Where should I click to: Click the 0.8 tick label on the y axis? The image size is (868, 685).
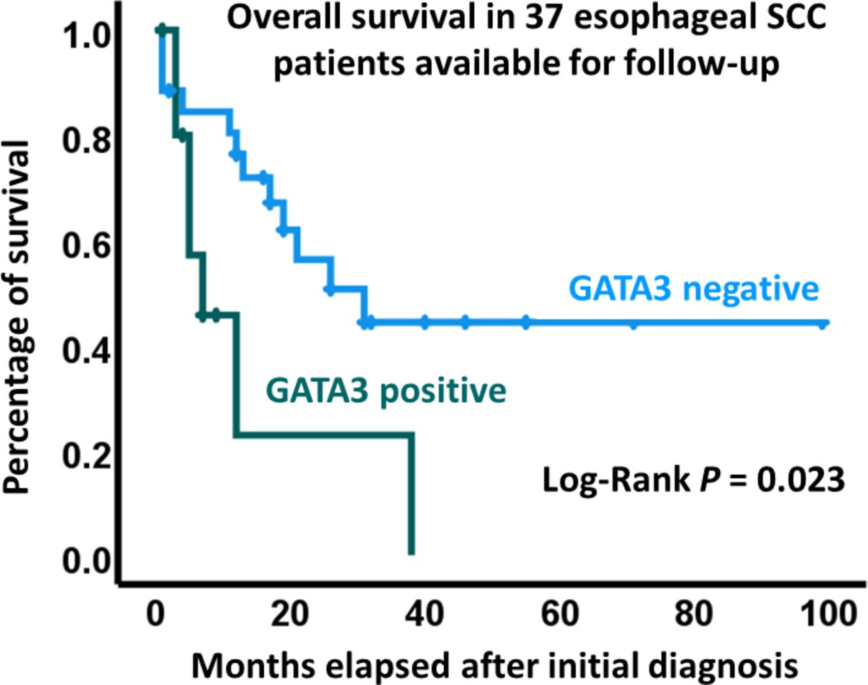coord(87,140)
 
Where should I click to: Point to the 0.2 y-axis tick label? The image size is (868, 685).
coord(87,455)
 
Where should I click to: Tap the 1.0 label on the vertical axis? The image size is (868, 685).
coord(87,35)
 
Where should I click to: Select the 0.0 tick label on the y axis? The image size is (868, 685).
coord(87,561)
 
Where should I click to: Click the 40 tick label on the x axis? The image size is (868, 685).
coord(425,614)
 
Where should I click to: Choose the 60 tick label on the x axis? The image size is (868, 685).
coord(560,614)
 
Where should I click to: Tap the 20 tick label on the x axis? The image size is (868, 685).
coord(290,614)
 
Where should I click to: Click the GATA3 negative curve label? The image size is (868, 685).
coord(694,288)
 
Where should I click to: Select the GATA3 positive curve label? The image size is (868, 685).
coord(386,391)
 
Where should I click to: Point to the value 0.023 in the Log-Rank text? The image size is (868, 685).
coord(801,480)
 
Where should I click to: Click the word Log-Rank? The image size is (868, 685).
coord(616,480)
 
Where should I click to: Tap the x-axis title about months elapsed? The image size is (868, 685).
coord(494,665)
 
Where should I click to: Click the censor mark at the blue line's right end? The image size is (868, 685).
coord(823,324)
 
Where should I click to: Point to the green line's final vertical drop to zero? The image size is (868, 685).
coord(411,495)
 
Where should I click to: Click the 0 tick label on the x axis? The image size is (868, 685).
coord(156,614)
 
